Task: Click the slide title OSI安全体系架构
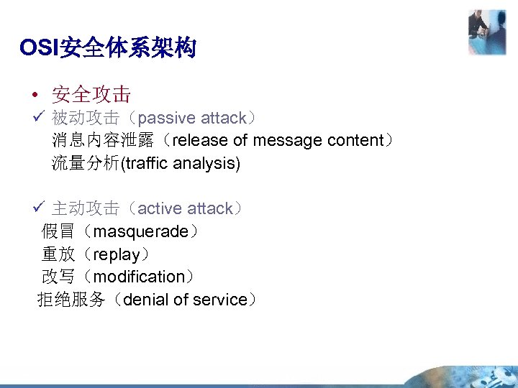[x=108, y=48]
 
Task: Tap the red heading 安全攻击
[x=91, y=94]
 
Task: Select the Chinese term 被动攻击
[x=86, y=117]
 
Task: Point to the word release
[x=199, y=140]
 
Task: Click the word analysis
[x=209, y=163]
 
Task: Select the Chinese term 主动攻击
[x=86, y=208]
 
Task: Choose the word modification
[x=140, y=277]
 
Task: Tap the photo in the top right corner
[x=486, y=32]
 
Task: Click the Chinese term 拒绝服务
[x=71, y=300]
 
